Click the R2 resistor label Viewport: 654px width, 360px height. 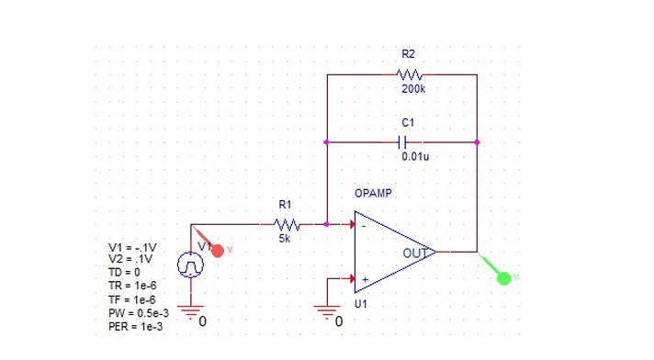pyautogui.click(x=409, y=56)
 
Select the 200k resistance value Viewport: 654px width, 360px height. pyautogui.click(x=412, y=90)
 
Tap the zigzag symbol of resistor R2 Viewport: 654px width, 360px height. pyautogui.click(x=409, y=74)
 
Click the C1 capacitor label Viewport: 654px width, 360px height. pyautogui.click(x=409, y=122)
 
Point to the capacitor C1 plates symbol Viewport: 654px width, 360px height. pyautogui.click(x=402, y=142)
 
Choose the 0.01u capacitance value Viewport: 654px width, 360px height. pyautogui.click(x=415, y=157)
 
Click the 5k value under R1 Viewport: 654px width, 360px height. pyautogui.click(x=285, y=239)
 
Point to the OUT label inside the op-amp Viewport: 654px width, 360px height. pyautogui.click(x=415, y=252)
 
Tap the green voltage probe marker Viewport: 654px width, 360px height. pyautogui.click(x=502, y=276)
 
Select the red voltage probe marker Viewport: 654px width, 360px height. pyautogui.click(x=218, y=248)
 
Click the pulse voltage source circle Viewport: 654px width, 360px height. pyautogui.click(x=190, y=265)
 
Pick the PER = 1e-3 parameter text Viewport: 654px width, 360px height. pyautogui.click(x=136, y=326)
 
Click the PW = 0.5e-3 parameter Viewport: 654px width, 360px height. pyautogui.click(x=139, y=313)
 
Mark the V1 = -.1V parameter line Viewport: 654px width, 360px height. pyautogui.click(x=133, y=248)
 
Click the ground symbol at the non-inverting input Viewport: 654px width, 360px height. pyautogui.click(x=327, y=313)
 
